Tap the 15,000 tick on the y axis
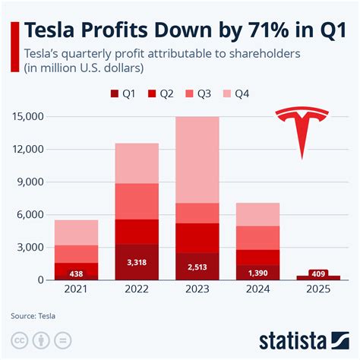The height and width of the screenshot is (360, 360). pyautogui.click(x=28, y=117)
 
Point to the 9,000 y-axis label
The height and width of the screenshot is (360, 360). pyautogui.click(x=31, y=182)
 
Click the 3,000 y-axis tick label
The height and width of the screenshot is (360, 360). pyautogui.click(x=31, y=248)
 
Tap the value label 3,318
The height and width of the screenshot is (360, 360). pyautogui.click(x=137, y=262)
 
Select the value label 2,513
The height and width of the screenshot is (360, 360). pyautogui.click(x=197, y=266)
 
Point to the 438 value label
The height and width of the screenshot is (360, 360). pyautogui.click(x=76, y=273)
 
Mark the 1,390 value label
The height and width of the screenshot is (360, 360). pyautogui.click(x=258, y=272)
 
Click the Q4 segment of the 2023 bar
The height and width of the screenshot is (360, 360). pyautogui.click(x=197, y=159)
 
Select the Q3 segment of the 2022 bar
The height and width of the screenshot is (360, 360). pyautogui.click(x=137, y=201)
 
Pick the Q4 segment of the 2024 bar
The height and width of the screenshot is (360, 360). pyautogui.click(x=258, y=214)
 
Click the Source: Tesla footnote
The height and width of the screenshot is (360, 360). pyautogui.click(x=33, y=314)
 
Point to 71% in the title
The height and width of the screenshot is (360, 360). pyautogui.click(x=257, y=33)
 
